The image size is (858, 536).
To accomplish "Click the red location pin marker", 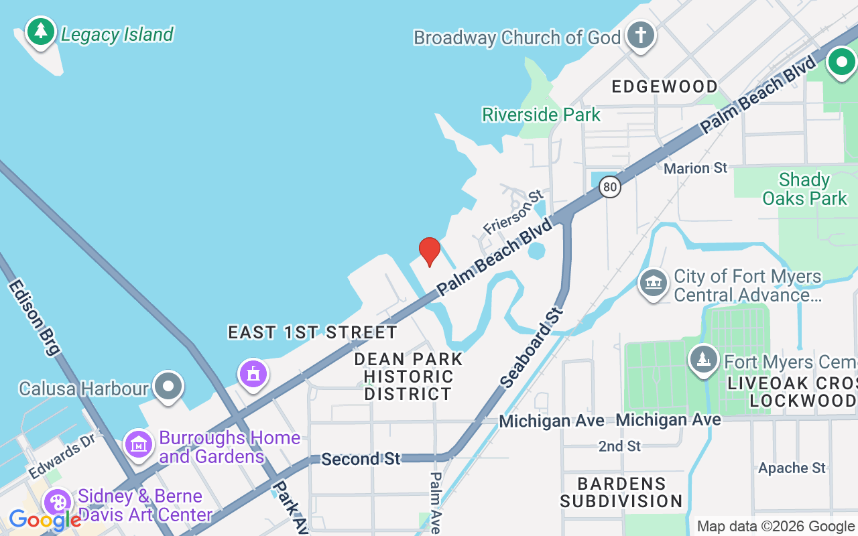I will pyautogui.click(x=430, y=251).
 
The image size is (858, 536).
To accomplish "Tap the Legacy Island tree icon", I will pyautogui.click(x=41, y=31).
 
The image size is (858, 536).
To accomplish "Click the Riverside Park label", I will pyautogui.click(x=542, y=115).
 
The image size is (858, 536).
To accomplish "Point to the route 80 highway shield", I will pyautogui.click(x=610, y=187).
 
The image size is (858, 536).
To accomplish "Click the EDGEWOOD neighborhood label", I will pyautogui.click(x=664, y=86).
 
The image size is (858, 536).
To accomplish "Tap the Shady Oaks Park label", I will pyautogui.click(x=805, y=189).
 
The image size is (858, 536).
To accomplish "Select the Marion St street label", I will pyautogui.click(x=695, y=168).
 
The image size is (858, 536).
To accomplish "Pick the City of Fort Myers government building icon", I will pyautogui.click(x=654, y=284).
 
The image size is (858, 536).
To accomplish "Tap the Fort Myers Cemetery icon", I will pyautogui.click(x=704, y=360).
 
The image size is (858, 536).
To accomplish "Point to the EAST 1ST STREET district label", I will pyautogui.click(x=312, y=332).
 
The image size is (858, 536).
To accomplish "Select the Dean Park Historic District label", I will pyautogui.click(x=408, y=377).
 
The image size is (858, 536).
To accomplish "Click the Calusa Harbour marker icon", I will pyautogui.click(x=168, y=387).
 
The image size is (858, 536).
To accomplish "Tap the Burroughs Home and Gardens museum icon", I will pyautogui.click(x=139, y=444).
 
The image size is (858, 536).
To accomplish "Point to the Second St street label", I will pyautogui.click(x=360, y=459).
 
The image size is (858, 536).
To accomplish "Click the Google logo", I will pyautogui.click(x=45, y=519).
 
